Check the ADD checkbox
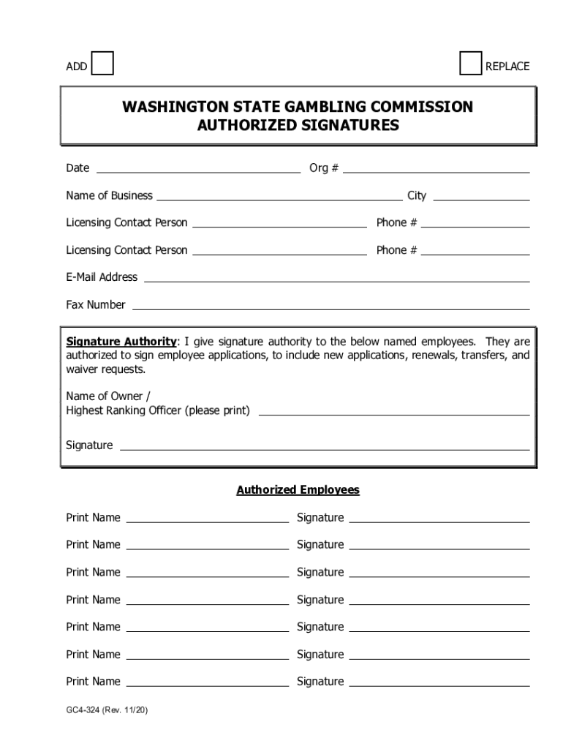[x=102, y=64]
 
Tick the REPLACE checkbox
[x=471, y=64]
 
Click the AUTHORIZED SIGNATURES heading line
[x=298, y=125]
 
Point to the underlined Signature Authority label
[x=121, y=342]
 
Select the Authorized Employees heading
[x=298, y=490]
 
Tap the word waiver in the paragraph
[x=83, y=369]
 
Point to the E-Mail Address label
[x=102, y=277]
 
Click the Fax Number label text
[x=96, y=305]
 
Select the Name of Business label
[x=109, y=195]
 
